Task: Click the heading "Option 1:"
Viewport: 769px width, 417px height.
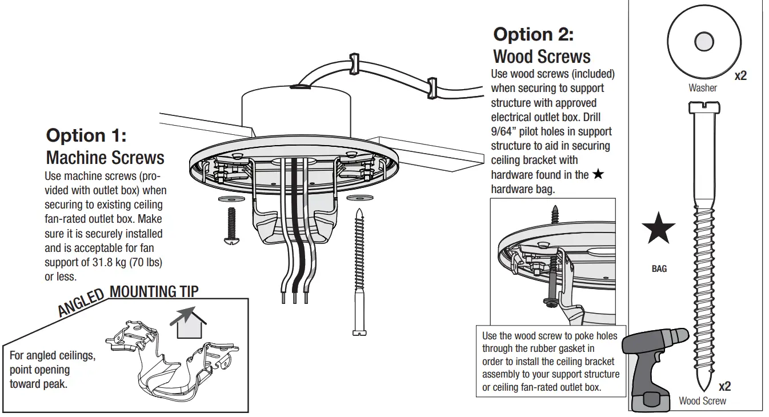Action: click(86, 136)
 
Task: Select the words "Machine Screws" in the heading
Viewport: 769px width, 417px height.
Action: click(105, 158)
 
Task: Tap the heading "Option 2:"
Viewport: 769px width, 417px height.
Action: click(533, 34)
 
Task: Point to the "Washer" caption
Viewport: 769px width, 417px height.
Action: click(702, 88)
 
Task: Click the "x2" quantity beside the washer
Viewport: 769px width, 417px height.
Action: click(740, 75)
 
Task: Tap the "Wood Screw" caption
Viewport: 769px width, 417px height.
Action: click(702, 401)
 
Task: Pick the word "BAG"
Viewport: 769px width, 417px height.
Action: click(659, 268)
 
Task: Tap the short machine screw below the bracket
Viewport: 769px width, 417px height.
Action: click(231, 224)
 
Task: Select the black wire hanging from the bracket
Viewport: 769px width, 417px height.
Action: click(295, 228)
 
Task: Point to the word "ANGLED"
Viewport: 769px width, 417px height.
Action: click(81, 303)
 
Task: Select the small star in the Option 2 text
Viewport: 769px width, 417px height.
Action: click(598, 175)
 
